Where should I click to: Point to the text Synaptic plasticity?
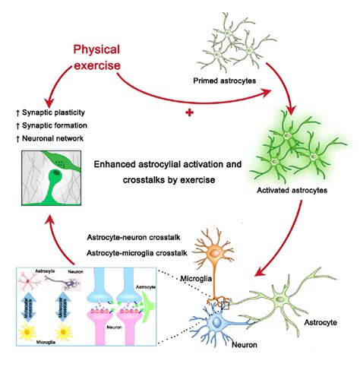54,112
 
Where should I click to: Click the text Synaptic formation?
54,125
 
